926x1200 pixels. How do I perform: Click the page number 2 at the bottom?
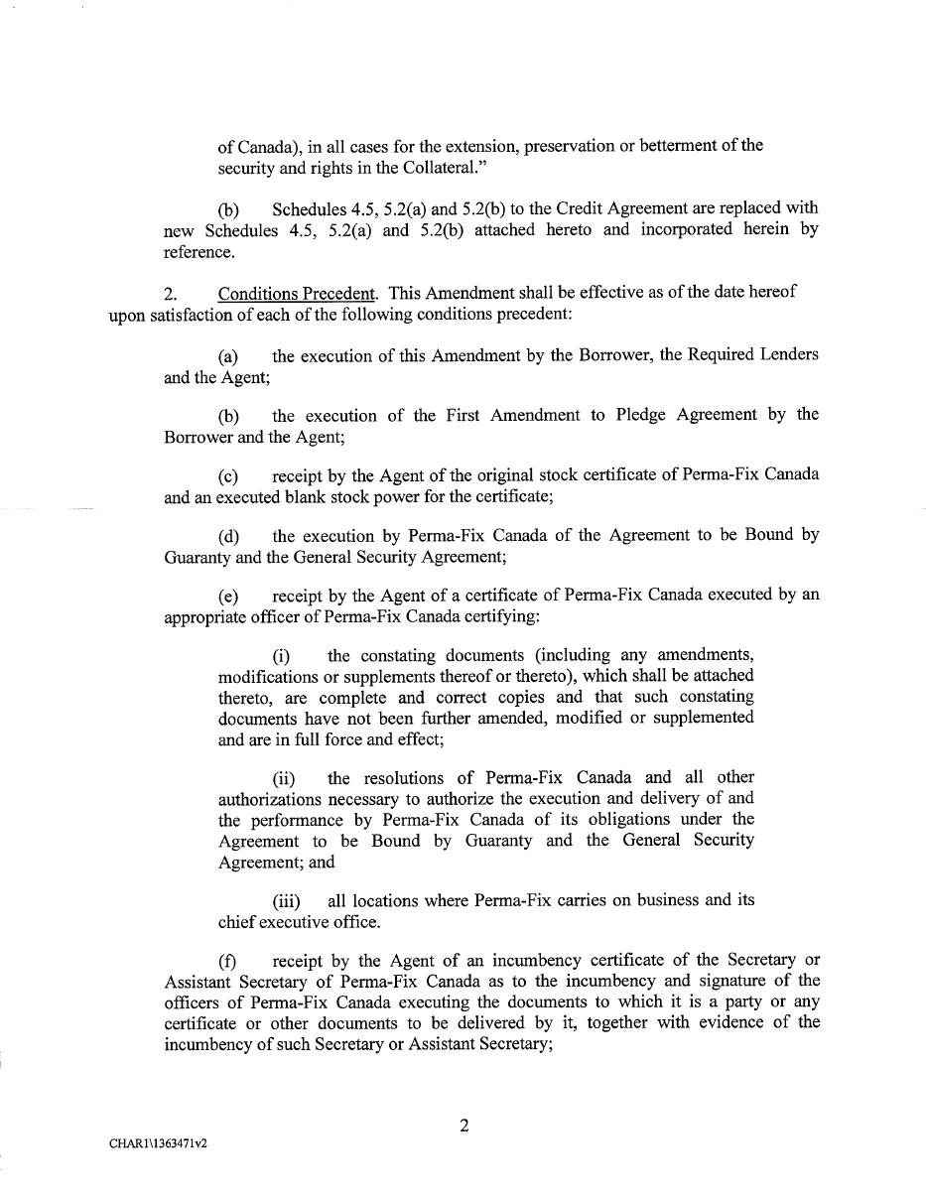click(463, 1126)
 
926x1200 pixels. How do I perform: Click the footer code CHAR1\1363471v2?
click(159, 1143)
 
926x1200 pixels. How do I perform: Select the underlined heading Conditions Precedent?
click(297, 294)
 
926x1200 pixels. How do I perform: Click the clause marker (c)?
click(228, 476)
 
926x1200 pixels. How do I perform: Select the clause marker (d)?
click(228, 537)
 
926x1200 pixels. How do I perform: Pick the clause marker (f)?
click(227, 962)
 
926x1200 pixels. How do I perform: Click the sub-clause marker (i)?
click(281, 657)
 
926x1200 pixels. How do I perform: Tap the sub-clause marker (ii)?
click(284, 779)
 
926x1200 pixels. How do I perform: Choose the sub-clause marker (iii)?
click(286, 901)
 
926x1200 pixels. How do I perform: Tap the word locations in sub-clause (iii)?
click(390, 900)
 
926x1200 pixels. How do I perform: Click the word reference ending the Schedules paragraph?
click(198, 252)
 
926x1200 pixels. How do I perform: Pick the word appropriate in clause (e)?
click(203, 616)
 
